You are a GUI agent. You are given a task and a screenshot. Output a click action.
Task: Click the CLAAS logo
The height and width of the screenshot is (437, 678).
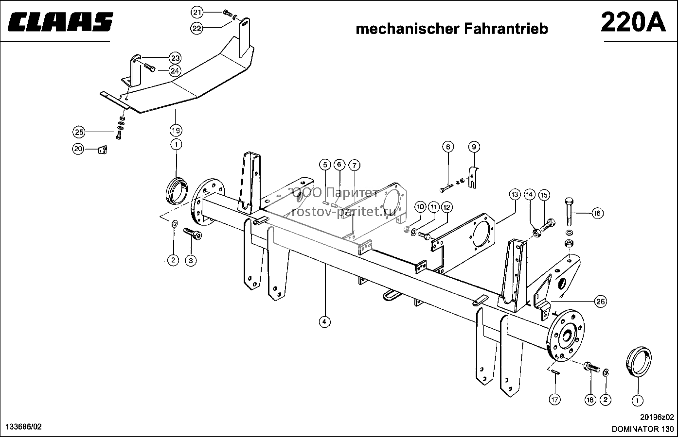pos(60,21)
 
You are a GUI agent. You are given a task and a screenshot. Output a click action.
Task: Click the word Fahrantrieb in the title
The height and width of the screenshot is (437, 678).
pos(504,29)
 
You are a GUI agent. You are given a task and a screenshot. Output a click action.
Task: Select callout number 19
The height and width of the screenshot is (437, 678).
pos(176,131)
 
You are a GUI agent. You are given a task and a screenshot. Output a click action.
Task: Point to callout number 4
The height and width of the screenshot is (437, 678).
pos(324,321)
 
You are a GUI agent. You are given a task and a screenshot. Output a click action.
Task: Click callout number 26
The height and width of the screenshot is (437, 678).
pos(601,302)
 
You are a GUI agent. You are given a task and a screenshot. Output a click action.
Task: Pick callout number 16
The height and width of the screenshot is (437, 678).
pos(597,213)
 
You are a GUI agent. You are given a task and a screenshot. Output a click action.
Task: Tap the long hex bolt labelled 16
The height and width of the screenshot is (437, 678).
pos(569,212)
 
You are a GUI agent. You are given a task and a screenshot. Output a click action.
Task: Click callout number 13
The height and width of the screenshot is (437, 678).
pos(515,194)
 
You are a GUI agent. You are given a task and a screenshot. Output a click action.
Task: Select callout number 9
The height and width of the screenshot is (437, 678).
pos(474,147)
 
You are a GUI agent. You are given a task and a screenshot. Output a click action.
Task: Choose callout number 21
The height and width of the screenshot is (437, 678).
pos(197,13)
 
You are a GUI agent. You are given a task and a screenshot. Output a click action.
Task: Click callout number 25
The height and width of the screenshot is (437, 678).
pos(79,132)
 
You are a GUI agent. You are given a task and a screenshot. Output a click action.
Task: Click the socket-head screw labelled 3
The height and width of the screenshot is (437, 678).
pos(193,234)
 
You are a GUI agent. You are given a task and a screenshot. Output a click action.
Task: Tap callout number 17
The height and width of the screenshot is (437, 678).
pos(554,400)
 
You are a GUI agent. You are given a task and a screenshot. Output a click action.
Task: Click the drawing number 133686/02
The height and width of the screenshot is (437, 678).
pos(24,427)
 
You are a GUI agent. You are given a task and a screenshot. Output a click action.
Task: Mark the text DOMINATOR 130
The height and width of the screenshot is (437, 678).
pos(643,429)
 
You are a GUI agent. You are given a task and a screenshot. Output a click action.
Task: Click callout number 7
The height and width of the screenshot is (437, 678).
pos(354,165)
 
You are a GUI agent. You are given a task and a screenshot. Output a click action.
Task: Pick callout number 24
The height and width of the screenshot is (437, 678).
pos(175,71)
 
